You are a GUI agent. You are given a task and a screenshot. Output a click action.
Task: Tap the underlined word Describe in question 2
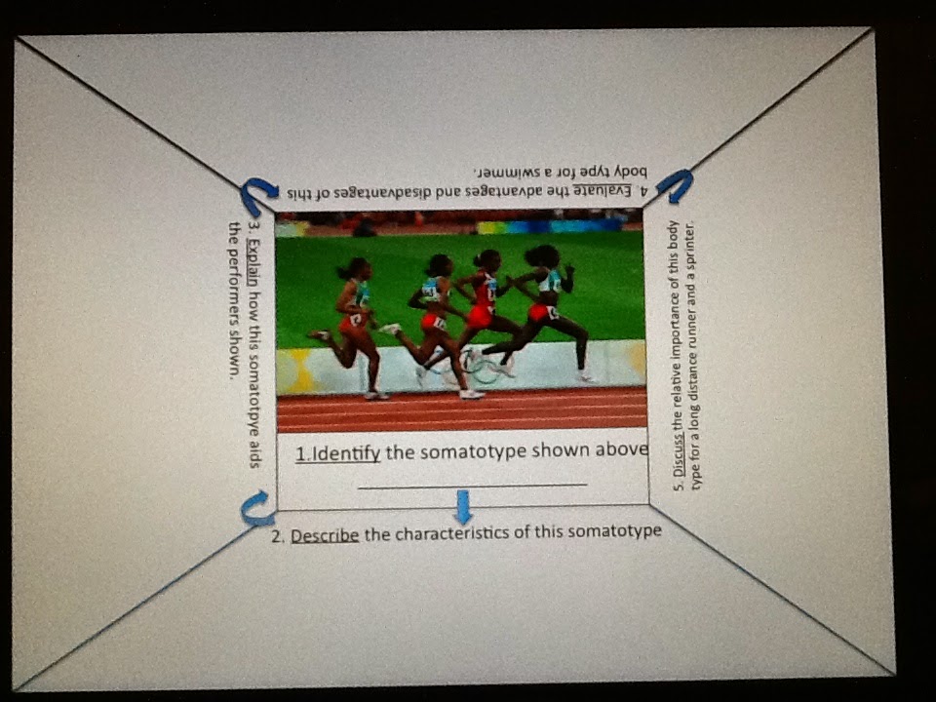[x=324, y=534]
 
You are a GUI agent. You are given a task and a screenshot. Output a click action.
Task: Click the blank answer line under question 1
[x=473, y=484]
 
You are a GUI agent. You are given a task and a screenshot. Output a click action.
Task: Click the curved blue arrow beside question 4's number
[x=674, y=185]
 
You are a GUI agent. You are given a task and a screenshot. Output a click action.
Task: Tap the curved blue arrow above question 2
[x=256, y=507]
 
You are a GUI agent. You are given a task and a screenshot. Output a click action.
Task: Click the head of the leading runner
[x=538, y=256]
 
